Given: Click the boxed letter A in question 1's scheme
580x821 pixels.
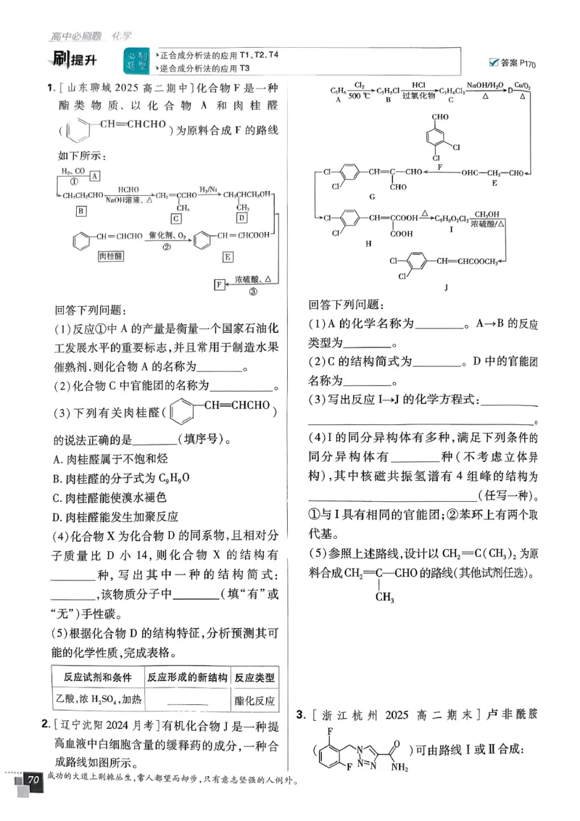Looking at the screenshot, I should pyautogui.click(x=95, y=176).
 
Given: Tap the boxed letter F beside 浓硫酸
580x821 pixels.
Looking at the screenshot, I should pyautogui.click(x=219, y=284).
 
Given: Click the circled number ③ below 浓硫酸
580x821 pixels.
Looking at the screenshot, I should pyautogui.click(x=253, y=292).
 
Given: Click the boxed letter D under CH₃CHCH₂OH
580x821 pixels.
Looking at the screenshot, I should pyautogui.click(x=242, y=218).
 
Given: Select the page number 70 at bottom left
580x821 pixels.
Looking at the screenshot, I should pyautogui.click(x=33, y=780).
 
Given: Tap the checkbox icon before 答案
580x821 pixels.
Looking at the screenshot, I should pyautogui.click(x=494, y=62).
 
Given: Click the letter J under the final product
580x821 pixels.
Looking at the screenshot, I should pyautogui.click(x=445, y=287).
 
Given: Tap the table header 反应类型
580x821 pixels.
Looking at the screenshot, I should pyautogui.click(x=254, y=677).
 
